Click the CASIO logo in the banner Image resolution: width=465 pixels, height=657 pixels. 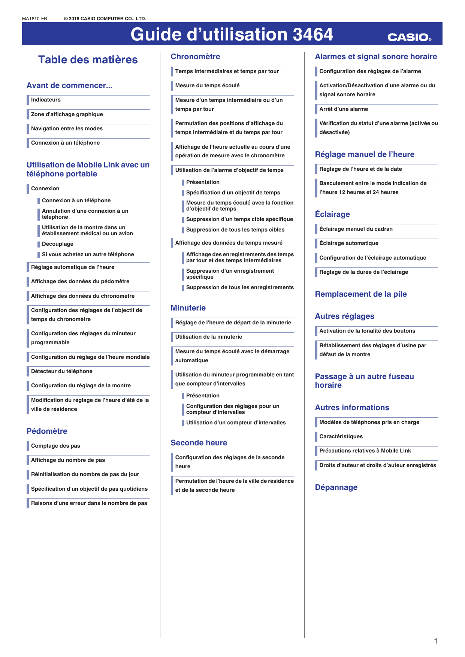(409, 37)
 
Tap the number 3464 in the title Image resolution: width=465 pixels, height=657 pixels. (313, 34)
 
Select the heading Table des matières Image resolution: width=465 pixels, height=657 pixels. (88, 60)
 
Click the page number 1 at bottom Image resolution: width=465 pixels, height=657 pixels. (435, 641)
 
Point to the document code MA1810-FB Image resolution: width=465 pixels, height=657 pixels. (34, 19)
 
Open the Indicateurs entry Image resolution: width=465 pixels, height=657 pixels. (46, 100)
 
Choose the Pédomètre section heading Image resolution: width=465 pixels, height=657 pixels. (47, 431)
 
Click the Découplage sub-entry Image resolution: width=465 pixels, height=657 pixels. (58, 244)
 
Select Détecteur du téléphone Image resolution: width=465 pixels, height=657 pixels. (62, 371)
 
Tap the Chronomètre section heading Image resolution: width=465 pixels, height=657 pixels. (195, 57)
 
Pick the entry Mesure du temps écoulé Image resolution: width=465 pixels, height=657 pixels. (207, 85)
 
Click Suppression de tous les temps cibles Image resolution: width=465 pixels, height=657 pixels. (235, 230)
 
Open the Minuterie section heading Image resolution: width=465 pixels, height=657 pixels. (188, 308)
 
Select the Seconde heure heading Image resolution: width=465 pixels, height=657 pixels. (199, 443)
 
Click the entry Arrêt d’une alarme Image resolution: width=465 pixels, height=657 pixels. (344, 109)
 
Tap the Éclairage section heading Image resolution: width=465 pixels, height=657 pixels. (332, 214)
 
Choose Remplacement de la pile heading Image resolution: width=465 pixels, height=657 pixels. (361, 294)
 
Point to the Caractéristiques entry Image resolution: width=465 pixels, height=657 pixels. (341, 436)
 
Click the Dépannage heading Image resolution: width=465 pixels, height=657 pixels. (336, 487)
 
